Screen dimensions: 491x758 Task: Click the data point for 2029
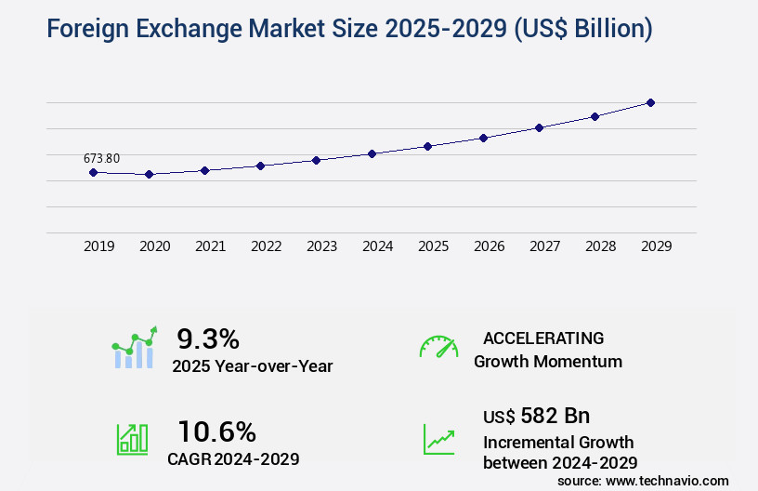650,102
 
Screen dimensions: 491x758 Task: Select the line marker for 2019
93,172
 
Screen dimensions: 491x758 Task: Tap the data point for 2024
372,153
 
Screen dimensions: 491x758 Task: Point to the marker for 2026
483,138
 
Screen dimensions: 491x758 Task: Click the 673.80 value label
101,158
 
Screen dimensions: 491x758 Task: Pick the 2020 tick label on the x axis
155,246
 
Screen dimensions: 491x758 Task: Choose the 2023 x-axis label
322,246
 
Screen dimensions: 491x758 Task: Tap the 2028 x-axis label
601,246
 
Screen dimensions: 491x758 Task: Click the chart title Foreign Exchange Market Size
335,29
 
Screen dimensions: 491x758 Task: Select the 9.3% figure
208,338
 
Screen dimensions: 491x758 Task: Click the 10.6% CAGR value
216,431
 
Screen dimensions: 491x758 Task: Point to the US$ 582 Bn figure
536,416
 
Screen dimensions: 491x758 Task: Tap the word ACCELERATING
543,338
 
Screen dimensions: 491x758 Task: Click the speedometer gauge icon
438,346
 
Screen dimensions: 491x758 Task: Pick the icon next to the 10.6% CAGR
131,439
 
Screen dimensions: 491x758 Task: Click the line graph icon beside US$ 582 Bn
438,439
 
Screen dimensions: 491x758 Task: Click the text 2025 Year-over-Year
252,366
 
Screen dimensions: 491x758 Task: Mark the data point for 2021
204,170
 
